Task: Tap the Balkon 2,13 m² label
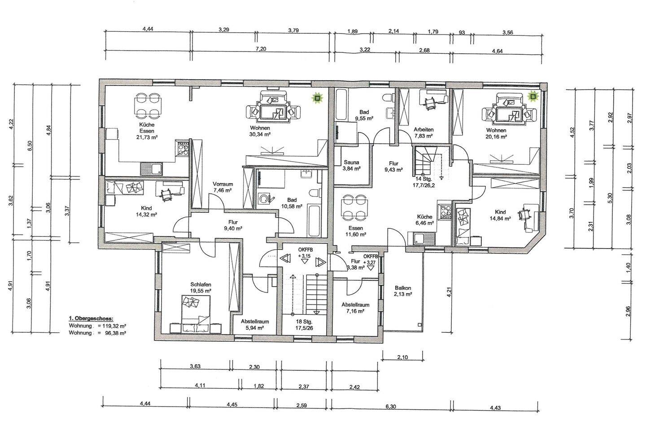point(403,291)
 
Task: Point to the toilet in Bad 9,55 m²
point(388,97)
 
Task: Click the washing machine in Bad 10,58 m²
point(263,199)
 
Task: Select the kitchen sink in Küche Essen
point(152,169)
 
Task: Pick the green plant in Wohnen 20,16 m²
point(533,97)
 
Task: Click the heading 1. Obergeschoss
point(91,319)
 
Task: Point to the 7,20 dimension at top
point(261,49)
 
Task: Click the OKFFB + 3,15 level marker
point(306,253)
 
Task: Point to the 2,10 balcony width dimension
point(402,357)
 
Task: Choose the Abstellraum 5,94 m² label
point(255,325)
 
